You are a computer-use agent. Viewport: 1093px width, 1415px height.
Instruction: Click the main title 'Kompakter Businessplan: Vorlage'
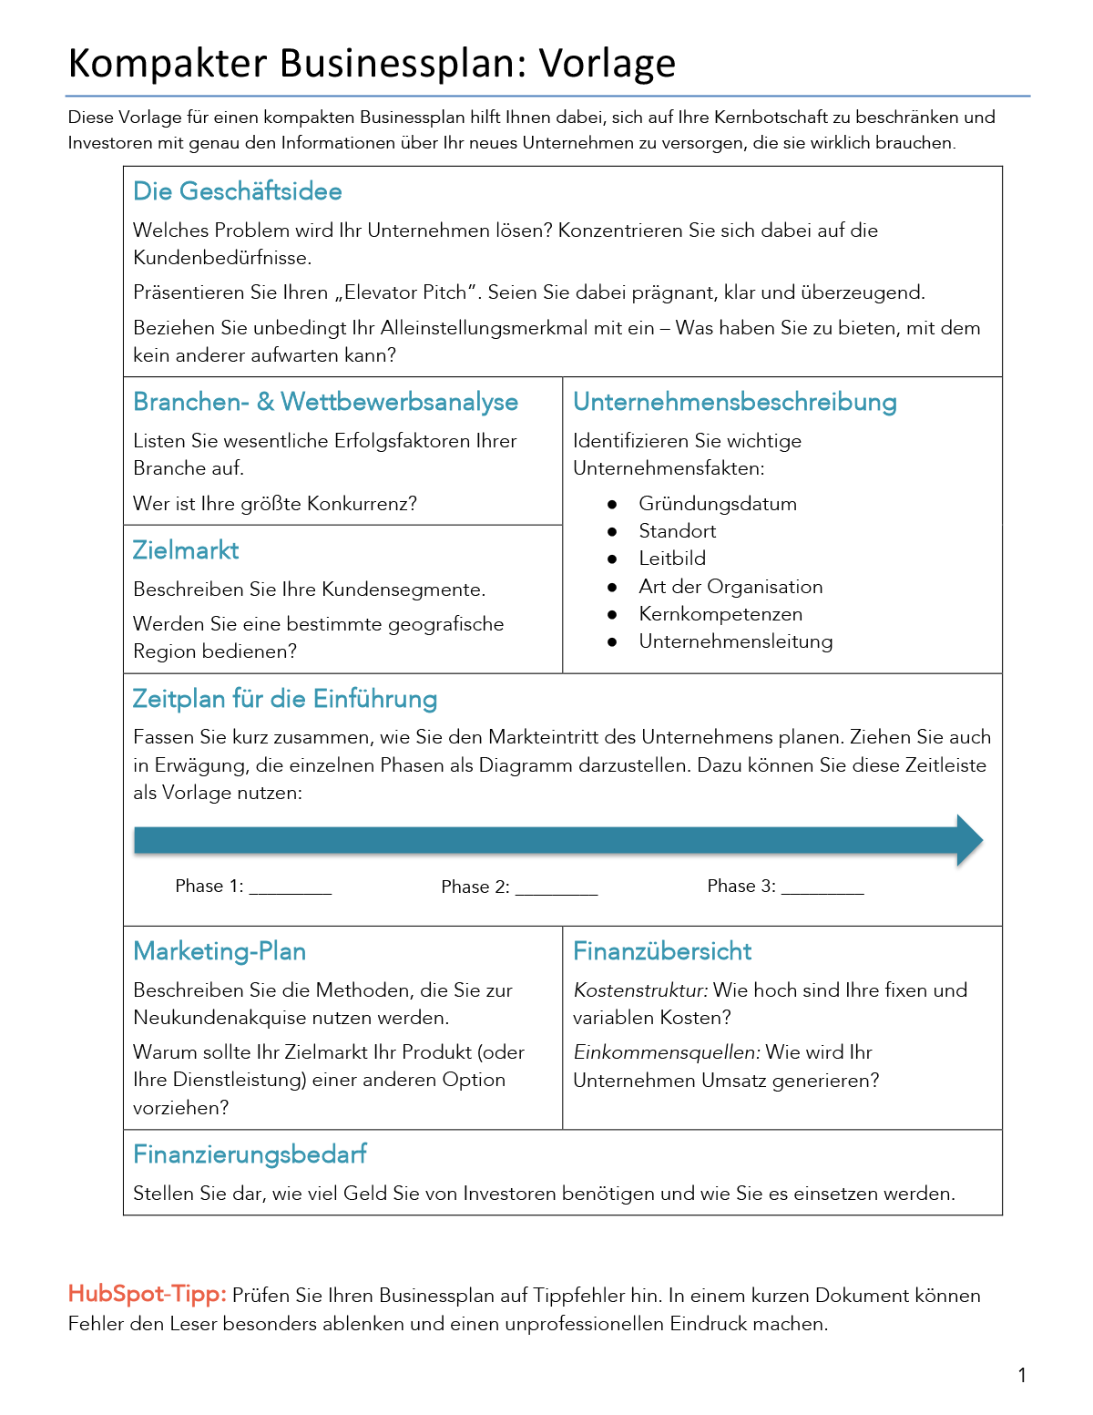(x=372, y=64)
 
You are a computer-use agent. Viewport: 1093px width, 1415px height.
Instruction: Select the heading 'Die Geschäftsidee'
(x=238, y=191)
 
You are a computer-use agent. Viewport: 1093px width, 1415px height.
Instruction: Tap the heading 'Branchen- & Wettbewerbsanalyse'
(x=325, y=402)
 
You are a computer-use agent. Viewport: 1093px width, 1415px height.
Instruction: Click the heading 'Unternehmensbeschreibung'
(x=734, y=402)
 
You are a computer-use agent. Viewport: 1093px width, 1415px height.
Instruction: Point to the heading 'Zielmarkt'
(x=186, y=550)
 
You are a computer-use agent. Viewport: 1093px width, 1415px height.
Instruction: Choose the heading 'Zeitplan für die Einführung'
(x=284, y=699)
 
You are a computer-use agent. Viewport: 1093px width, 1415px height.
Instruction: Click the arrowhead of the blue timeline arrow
(x=969, y=840)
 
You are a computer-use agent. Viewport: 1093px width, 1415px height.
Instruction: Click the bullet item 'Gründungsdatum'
(x=718, y=504)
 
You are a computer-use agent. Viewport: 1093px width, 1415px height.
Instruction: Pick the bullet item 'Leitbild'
(x=672, y=559)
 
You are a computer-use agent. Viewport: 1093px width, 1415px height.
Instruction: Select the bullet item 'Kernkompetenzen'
(x=720, y=614)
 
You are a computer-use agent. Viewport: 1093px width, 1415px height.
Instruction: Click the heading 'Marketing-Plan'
(x=220, y=951)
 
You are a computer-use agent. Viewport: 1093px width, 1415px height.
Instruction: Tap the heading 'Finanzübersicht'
(x=662, y=951)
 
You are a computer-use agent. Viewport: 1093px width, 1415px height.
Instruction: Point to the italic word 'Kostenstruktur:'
(x=640, y=990)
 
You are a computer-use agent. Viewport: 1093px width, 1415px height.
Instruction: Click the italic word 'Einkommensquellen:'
(x=667, y=1052)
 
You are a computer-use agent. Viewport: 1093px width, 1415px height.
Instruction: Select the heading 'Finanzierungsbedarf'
(x=250, y=1154)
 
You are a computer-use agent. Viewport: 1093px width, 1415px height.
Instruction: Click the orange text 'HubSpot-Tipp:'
(x=148, y=1295)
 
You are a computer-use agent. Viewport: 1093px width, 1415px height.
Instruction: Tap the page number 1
(x=1022, y=1376)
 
